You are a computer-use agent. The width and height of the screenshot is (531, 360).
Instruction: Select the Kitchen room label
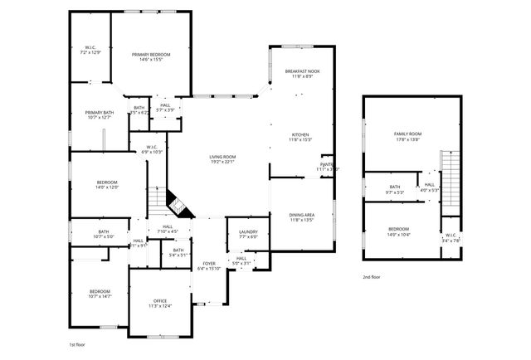tap(300, 137)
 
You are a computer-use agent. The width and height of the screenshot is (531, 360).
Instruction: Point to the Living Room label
tap(222, 158)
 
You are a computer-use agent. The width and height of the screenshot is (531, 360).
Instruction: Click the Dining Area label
tap(302, 217)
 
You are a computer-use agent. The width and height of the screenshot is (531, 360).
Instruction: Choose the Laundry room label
tap(247, 234)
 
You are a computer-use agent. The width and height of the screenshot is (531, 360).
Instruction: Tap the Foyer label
tap(208, 265)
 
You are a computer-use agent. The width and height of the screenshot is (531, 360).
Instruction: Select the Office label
tap(160, 304)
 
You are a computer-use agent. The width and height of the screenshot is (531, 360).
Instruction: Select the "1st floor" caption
tap(77, 343)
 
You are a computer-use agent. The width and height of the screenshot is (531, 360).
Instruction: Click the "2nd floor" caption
tap(373, 277)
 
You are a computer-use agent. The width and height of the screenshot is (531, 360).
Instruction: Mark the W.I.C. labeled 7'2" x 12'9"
tap(90, 50)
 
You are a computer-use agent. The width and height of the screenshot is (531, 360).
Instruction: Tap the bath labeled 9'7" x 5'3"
tap(395, 189)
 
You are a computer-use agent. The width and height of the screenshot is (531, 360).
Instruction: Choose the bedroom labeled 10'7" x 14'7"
tap(100, 294)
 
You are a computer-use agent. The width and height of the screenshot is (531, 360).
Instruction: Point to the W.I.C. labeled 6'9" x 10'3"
tap(150, 149)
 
